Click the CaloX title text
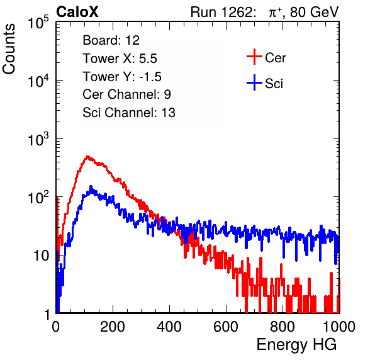pos(77,12)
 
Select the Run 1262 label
pos(221,12)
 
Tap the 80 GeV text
pos(315,12)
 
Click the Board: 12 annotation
pos(111,40)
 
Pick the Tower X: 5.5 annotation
pos(120,59)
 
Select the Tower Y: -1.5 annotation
pos(122,77)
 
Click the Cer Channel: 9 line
pos(126,94)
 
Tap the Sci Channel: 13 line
pos(129,113)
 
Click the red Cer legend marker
pos(254,57)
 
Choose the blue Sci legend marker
pos(254,83)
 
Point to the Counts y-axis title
pos(9,49)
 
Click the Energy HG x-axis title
pos(296,345)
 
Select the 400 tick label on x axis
pos(169,327)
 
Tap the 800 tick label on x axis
pos(283,327)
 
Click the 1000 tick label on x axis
pos(339,327)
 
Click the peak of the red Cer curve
pos(87,157)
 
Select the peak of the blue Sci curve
pos(91,186)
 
